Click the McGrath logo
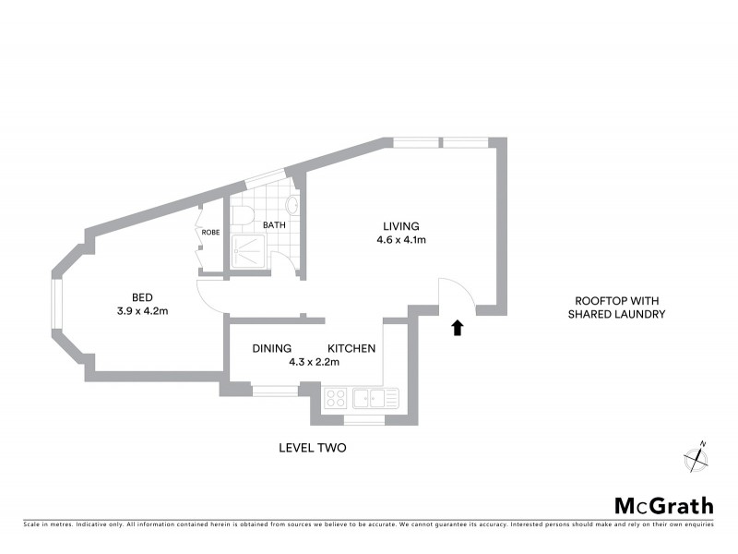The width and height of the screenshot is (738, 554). click(x=663, y=505)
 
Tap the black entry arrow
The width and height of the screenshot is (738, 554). click(x=457, y=327)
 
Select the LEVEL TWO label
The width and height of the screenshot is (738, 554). click(x=312, y=448)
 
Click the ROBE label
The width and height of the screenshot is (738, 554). click(x=211, y=233)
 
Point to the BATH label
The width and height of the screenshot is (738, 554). click(x=274, y=224)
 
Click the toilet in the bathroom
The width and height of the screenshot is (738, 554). click(x=242, y=215)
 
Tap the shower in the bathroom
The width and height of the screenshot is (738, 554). click(x=248, y=248)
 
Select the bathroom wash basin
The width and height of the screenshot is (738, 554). click(x=294, y=206)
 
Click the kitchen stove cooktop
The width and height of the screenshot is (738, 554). click(x=336, y=399)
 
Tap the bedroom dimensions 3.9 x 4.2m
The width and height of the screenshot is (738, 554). click(x=142, y=311)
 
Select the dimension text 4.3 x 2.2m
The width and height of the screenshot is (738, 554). click(x=315, y=363)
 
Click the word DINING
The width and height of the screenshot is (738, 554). click(x=273, y=349)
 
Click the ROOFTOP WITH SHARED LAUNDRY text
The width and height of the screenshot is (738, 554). click(x=620, y=307)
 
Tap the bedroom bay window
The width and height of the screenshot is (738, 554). click(x=56, y=306)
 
